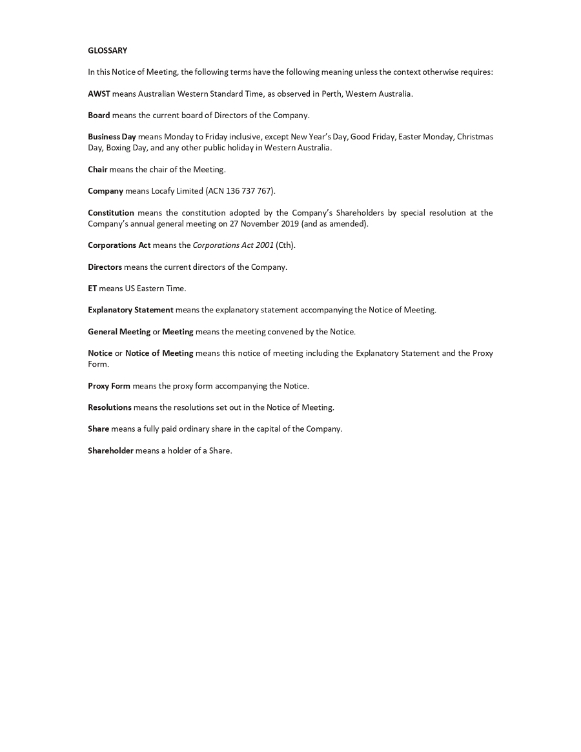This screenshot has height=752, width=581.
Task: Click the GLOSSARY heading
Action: coord(107,50)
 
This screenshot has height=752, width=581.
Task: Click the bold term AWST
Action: coord(99,94)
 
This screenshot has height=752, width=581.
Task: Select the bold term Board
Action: coord(99,116)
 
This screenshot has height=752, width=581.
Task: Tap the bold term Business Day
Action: coord(112,137)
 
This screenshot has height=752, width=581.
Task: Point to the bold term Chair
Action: coord(97,169)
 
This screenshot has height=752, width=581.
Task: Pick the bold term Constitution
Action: coord(111,212)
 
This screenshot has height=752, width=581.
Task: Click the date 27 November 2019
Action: coord(264,223)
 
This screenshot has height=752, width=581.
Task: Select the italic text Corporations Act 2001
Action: coord(233,245)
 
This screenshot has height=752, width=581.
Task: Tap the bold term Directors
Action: coord(105,267)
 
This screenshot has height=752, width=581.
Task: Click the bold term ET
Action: coord(92,289)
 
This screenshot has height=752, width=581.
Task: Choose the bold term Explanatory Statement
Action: coord(130,310)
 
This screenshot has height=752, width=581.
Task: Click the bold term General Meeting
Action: coord(119,332)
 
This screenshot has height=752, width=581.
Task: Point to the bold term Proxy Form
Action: coord(109,386)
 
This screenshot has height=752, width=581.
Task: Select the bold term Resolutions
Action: coord(110,407)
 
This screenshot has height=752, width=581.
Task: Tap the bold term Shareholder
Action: coord(110,451)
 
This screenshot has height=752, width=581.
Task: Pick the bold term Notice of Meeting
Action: coord(159,353)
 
